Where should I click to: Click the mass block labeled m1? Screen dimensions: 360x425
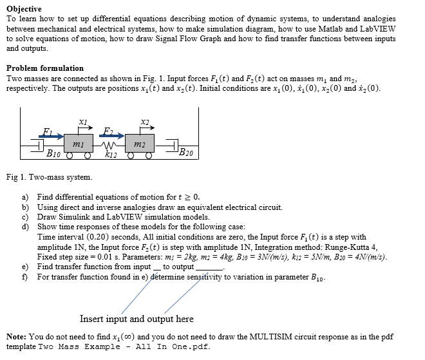click(x=79, y=145)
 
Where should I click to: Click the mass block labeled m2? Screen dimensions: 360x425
click(x=140, y=145)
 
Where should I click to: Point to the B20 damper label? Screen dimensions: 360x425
click(x=185, y=153)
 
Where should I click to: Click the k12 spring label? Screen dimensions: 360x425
click(x=111, y=155)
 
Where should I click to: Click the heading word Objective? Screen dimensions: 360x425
click(x=24, y=9)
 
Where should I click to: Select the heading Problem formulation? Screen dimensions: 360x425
click(x=44, y=68)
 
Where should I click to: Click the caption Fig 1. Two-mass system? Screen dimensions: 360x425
click(x=49, y=176)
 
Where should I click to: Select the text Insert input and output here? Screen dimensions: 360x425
click(x=137, y=319)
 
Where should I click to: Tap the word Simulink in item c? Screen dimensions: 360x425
click(x=70, y=217)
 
